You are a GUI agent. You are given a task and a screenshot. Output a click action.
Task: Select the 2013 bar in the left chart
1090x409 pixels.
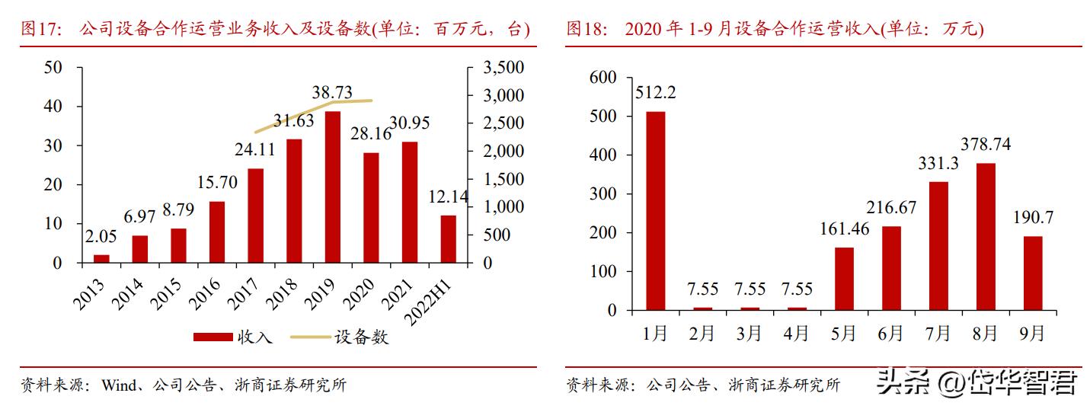pyautogui.click(x=101, y=259)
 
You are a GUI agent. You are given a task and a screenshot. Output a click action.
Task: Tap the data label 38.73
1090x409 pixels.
pyautogui.click(x=332, y=92)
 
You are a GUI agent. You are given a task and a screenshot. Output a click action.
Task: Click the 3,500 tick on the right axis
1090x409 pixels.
pyautogui.click(x=503, y=68)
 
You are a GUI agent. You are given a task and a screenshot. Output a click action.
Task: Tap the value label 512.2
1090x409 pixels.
pyautogui.click(x=655, y=92)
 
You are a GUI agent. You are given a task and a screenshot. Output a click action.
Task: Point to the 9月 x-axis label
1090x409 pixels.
pyautogui.click(x=1032, y=333)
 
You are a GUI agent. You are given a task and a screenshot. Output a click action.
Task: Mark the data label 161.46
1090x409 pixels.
pyautogui.click(x=845, y=228)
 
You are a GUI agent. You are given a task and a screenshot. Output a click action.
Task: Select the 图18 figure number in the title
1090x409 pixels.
pyautogui.click(x=587, y=30)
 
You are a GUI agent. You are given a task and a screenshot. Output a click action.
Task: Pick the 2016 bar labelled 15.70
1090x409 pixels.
pyautogui.click(x=216, y=232)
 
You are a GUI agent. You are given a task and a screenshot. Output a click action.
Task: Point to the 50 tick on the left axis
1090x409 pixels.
pyautogui.click(x=53, y=68)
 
